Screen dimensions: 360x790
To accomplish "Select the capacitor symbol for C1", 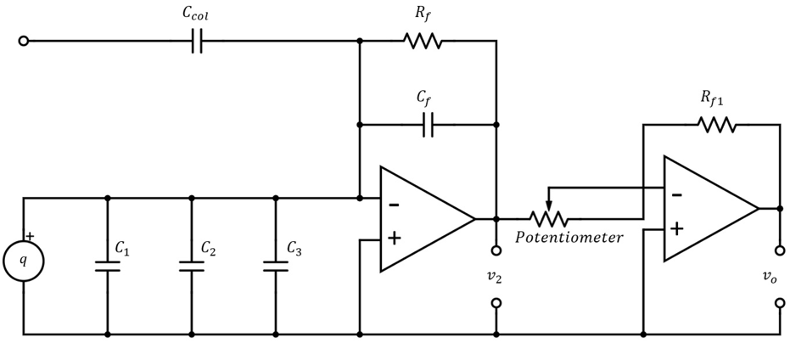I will [x=108, y=266].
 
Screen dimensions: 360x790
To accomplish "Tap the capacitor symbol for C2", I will [x=192, y=266].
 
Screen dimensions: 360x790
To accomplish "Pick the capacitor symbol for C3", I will [x=276, y=266].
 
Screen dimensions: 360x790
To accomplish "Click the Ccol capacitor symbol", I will [x=196, y=40].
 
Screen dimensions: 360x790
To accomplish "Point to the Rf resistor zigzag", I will [x=423, y=40].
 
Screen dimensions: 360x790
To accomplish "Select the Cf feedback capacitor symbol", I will [x=428, y=125].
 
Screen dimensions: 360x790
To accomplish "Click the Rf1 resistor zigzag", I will [x=716, y=125].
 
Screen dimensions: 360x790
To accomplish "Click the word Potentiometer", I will [x=569, y=238].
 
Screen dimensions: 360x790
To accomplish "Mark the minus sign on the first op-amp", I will [x=394, y=204].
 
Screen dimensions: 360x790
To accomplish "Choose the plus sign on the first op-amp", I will [x=394, y=238].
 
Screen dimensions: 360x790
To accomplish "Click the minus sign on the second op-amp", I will [x=676, y=194].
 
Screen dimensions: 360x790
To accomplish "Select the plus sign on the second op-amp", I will [x=676, y=228].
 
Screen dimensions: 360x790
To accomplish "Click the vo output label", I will [x=779, y=277].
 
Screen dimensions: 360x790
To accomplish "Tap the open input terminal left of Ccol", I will [x=23, y=40].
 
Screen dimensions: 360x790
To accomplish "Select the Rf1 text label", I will [x=711, y=98].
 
